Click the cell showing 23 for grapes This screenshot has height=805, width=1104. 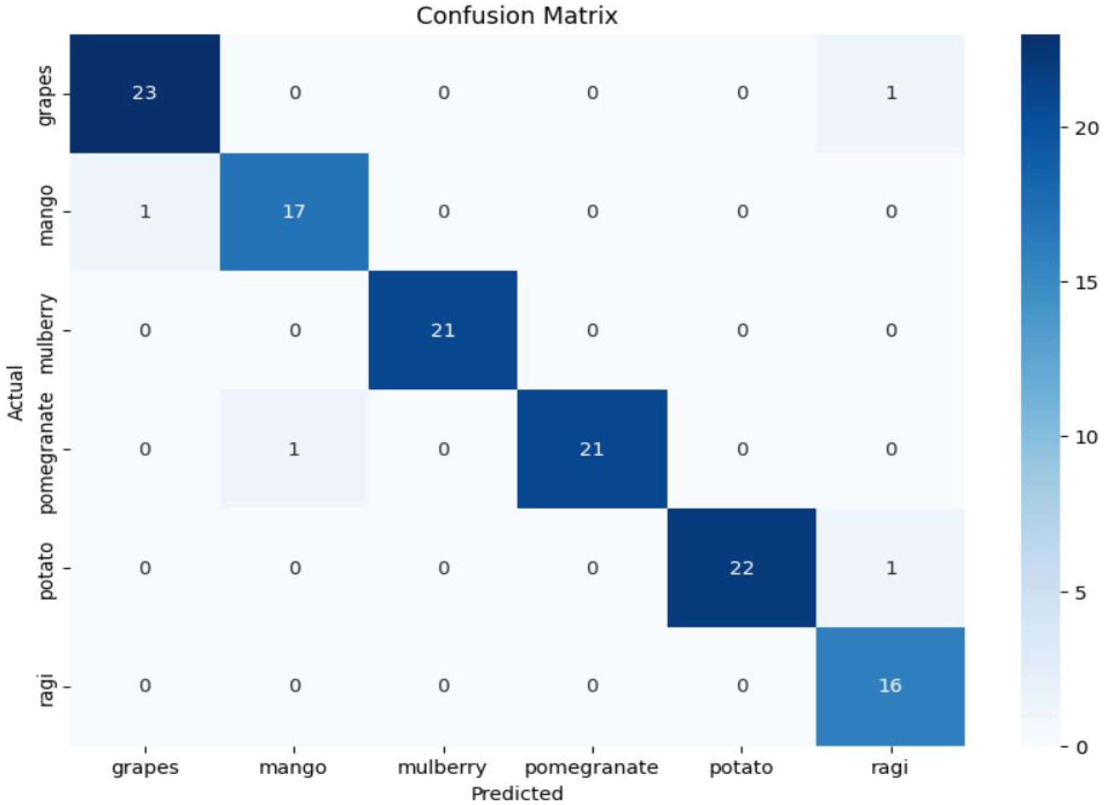pyautogui.click(x=145, y=93)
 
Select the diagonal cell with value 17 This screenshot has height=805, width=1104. pyautogui.click(x=294, y=212)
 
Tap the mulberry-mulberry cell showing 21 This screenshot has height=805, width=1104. pyautogui.click(x=443, y=331)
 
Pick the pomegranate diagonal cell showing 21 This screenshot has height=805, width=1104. pyautogui.click(x=592, y=449)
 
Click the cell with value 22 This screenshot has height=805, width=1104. pyautogui.click(x=742, y=569)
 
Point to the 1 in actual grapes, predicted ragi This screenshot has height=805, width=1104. pyautogui.click(x=891, y=93)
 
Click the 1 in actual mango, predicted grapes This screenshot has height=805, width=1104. pyautogui.click(x=145, y=212)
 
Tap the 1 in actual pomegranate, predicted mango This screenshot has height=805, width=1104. pyautogui.click(x=294, y=449)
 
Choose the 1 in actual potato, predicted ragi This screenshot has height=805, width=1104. pyautogui.click(x=891, y=569)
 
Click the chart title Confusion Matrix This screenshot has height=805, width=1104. pyautogui.click(x=517, y=16)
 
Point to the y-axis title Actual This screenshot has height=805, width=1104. pyautogui.click(x=16, y=393)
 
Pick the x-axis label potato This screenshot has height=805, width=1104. pyautogui.click(x=741, y=768)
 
